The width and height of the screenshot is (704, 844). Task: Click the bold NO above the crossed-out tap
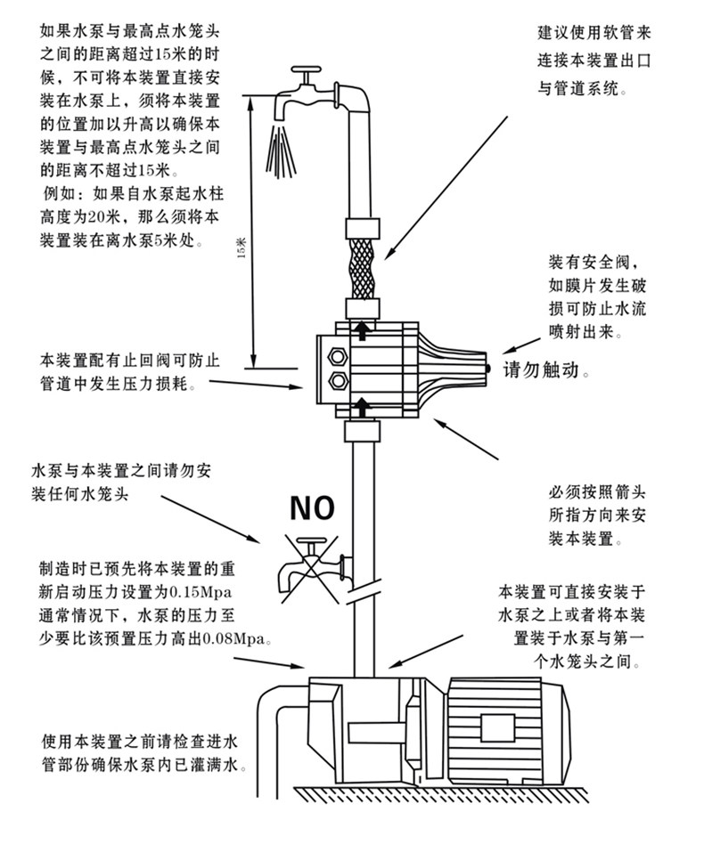[x=310, y=507]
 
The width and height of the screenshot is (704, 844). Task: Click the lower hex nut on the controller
[x=339, y=383]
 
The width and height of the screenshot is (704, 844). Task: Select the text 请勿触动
[x=544, y=369]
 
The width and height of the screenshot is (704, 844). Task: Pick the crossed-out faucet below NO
[x=307, y=565]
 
